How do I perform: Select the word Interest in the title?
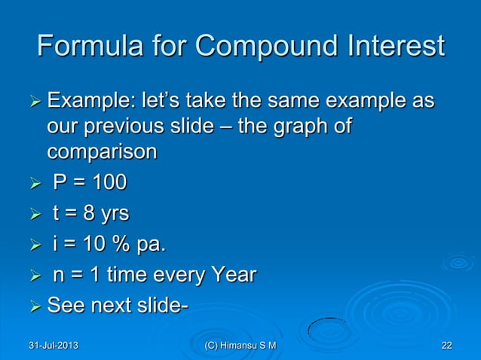392,47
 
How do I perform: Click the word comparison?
103,151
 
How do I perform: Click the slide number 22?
446,346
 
